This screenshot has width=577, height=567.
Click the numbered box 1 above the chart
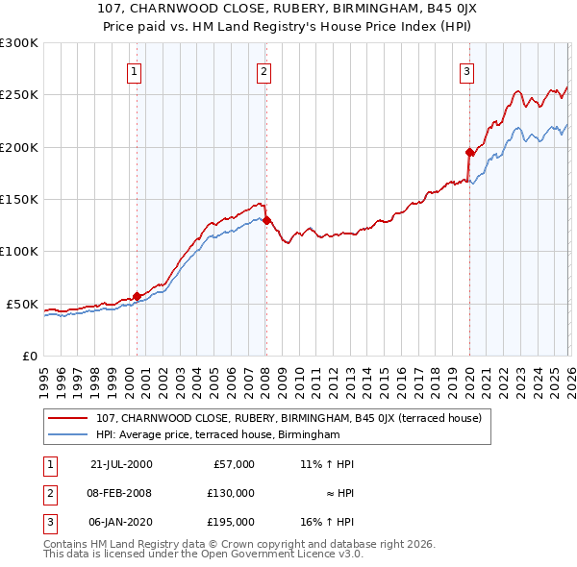134,70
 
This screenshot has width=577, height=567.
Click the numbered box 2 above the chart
263,70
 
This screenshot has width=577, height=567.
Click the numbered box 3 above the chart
466,70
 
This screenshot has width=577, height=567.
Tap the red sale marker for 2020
469,152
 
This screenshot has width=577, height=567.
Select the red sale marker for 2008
266,220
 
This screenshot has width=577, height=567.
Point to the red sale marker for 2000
137,296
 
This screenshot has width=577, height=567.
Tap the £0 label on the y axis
29,356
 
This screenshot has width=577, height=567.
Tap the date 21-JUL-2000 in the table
121,464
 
